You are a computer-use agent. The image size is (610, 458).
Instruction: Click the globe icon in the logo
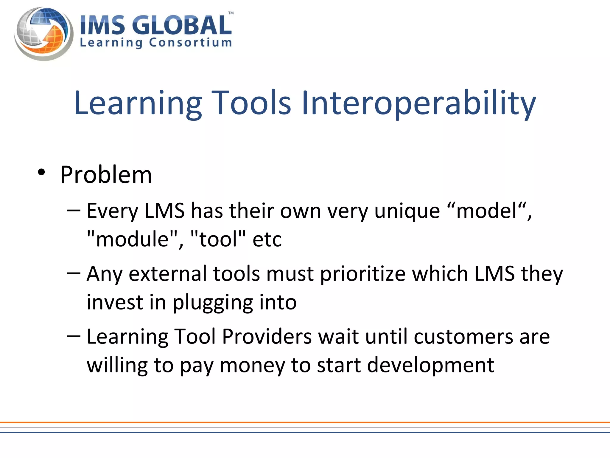coord(43,33)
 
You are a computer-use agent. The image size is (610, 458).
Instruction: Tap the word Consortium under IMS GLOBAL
coord(190,43)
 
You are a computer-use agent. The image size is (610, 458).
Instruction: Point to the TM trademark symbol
coord(231,13)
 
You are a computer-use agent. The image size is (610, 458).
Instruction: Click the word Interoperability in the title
coord(418,103)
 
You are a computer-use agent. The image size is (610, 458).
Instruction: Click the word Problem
coord(106,175)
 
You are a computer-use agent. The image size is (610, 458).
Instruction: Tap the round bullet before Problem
coord(41,172)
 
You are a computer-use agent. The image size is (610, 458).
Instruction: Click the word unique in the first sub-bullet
coord(407,211)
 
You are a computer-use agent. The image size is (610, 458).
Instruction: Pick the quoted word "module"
coord(132,239)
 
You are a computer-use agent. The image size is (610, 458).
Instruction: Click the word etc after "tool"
coord(267,240)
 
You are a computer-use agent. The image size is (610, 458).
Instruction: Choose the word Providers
coord(267,337)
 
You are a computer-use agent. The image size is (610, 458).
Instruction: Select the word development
coord(430,366)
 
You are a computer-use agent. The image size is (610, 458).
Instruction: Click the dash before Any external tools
coord(74,273)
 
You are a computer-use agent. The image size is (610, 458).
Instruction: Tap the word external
coord(167,274)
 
